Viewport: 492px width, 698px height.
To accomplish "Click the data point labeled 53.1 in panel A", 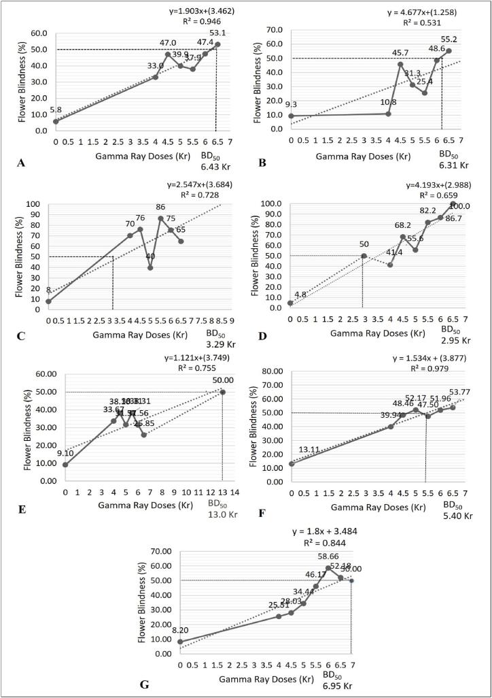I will [x=217, y=44].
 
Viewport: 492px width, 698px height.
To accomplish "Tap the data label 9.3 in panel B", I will [x=292, y=105].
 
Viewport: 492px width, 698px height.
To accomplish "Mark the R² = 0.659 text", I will [x=434, y=195].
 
